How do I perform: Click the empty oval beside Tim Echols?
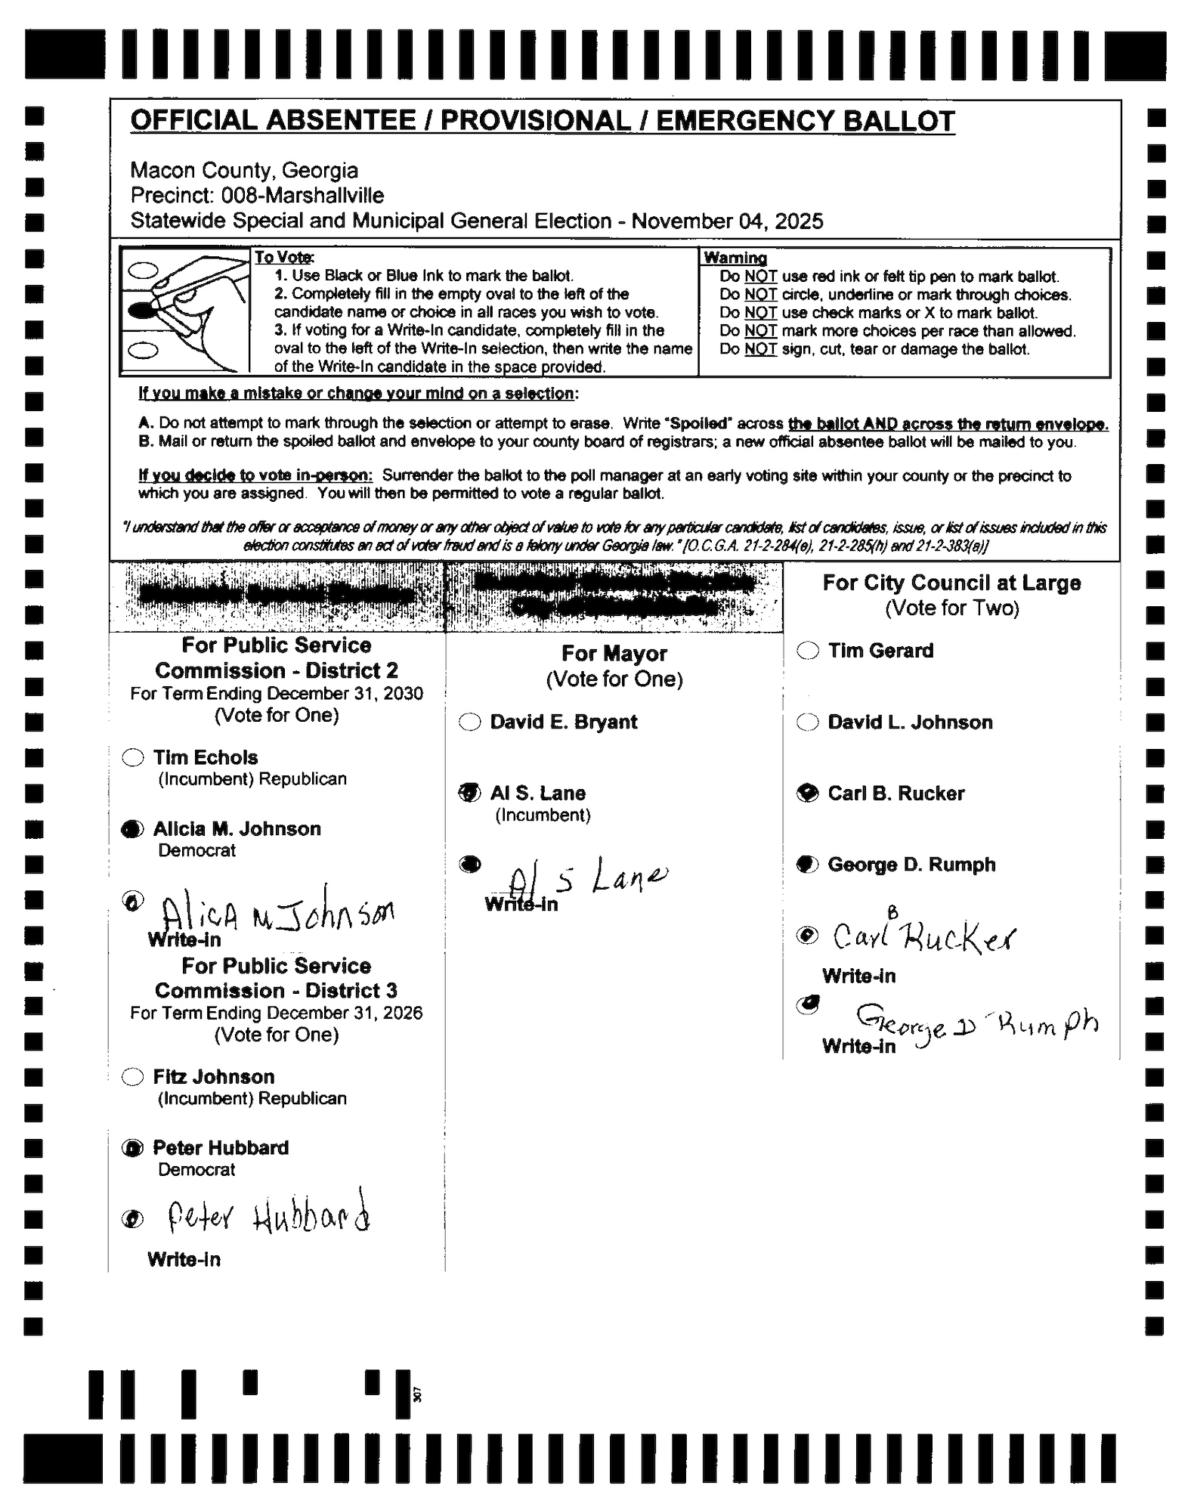click(133, 757)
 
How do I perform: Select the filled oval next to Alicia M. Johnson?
click(132, 829)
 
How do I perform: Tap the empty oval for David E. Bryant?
click(469, 722)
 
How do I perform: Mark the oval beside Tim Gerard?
click(808, 651)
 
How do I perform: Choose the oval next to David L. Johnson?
click(808, 722)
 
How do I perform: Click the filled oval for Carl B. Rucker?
click(808, 793)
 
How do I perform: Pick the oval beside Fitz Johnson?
click(133, 1076)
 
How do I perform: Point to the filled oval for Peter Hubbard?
click(133, 1148)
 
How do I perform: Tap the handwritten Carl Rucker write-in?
click(923, 937)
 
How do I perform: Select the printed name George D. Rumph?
click(911, 864)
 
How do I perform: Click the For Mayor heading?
click(614, 653)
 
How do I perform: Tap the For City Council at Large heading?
click(951, 583)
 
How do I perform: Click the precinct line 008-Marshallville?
click(257, 196)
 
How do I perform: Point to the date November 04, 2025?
click(727, 221)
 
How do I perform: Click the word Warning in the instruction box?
click(735, 258)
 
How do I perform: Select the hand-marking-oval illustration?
click(185, 311)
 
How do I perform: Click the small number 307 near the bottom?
click(418, 1394)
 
